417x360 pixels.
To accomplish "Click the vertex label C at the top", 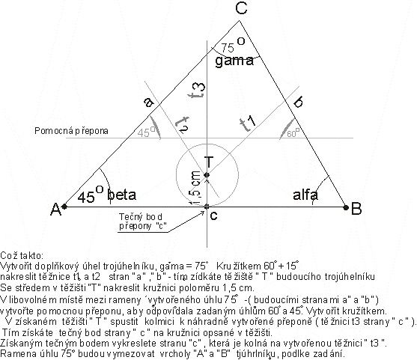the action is [242, 7].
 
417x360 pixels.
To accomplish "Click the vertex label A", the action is [56, 209].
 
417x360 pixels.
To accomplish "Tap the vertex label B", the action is [356, 209].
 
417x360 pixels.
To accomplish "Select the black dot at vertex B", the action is [346, 207].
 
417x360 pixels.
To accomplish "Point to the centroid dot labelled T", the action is [207, 175].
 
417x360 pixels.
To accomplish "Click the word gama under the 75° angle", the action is [234, 61].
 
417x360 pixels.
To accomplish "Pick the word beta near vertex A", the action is [122, 195].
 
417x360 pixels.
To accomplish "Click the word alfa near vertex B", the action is [305, 195].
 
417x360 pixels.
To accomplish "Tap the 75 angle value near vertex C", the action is [228, 48].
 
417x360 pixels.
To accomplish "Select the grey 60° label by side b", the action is [293, 133].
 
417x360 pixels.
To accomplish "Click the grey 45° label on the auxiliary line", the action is [146, 132].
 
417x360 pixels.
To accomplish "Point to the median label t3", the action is [198, 91].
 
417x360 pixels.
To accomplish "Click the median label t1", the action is [248, 123].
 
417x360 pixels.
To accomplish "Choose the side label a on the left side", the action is [149, 102].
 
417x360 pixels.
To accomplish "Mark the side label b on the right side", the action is [299, 101].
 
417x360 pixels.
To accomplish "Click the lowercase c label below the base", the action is [213, 216].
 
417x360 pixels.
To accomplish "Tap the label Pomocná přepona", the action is [71, 131].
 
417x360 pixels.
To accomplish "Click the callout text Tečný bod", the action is [141, 217].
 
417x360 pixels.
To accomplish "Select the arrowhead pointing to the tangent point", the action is [202, 213].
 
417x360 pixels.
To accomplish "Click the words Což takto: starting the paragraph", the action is [21, 255].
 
